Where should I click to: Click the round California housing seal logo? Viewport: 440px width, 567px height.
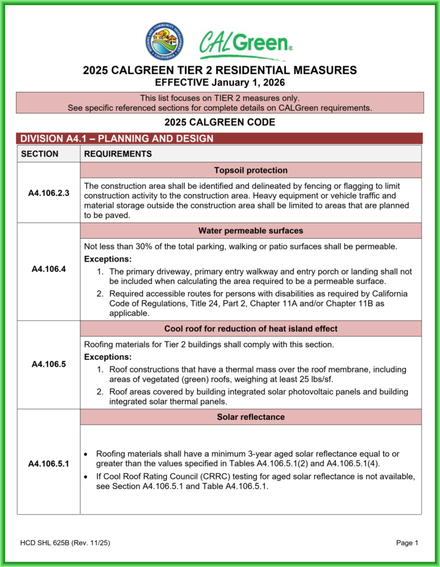click(165, 42)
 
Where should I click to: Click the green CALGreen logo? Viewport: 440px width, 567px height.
click(244, 44)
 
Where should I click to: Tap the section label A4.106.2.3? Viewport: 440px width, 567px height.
click(49, 193)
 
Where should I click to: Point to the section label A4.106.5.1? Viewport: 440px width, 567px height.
click(49, 463)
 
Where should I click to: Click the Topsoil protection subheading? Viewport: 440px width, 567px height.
click(251, 170)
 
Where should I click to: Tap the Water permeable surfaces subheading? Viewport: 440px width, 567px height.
click(251, 230)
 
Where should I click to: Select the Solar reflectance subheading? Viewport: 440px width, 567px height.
click(251, 416)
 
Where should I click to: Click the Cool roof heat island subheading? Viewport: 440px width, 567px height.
click(251, 328)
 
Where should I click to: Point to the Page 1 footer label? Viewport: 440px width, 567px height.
click(407, 543)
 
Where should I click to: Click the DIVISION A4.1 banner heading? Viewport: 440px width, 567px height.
click(116, 138)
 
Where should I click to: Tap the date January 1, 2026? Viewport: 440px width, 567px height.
click(248, 83)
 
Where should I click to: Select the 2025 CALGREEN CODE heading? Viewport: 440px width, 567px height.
click(220, 122)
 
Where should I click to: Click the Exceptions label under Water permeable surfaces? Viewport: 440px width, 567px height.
click(107, 259)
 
